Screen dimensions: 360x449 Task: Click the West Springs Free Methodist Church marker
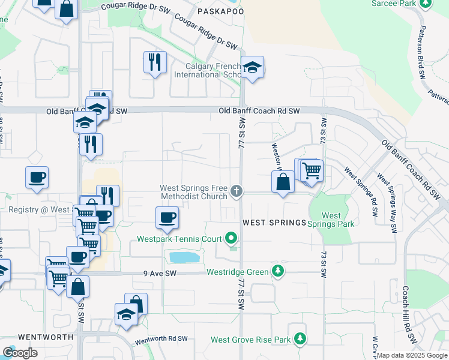click(x=237, y=192)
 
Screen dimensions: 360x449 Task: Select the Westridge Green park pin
click(x=277, y=272)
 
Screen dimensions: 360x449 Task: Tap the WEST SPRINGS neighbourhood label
click(x=274, y=223)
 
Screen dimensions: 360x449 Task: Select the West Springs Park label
click(x=331, y=220)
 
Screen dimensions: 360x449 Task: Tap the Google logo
click(x=20, y=353)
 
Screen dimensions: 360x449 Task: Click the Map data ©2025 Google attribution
click(x=412, y=355)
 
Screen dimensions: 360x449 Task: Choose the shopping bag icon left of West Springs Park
click(x=283, y=181)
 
